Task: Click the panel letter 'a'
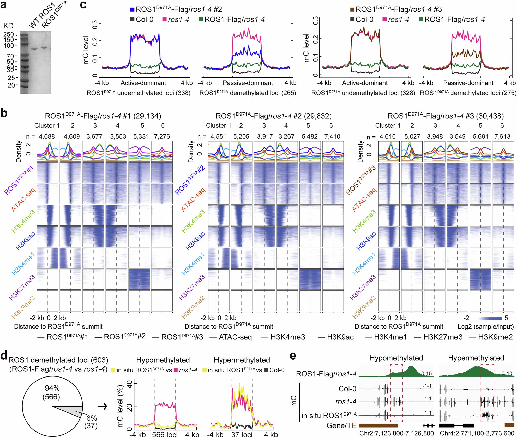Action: (4, 5)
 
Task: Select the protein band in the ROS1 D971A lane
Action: (44, 48)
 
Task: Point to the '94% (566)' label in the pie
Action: (52, 393)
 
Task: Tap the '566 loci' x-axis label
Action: (165, 434)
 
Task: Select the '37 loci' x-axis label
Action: (242, 434)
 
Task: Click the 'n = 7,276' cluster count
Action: (162, 137)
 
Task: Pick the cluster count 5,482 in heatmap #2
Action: (309, 137)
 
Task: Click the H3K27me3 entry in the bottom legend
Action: (443, 337)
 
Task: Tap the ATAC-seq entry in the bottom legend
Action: (235, 337)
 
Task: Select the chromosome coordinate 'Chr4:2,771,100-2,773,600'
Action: (477, 433)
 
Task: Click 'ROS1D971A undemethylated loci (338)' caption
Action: (139, 93)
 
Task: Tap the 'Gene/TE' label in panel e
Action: (341, 425)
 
